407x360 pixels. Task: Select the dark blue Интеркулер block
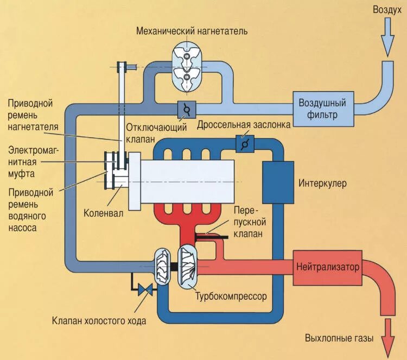pyautogui.click(x=277, y=181)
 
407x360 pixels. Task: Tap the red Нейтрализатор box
pyautogui.click(x=327, y=267)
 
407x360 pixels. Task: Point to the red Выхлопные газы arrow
pyautogui.click(x=387, y=336)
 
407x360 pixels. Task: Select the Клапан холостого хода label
pyautogui.click(x=99, y=320)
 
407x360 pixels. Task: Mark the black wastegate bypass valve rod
pyautogui.click(x=212, y=236)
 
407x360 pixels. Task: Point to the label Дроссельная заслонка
pyautogui.click(x=244, y=125)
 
